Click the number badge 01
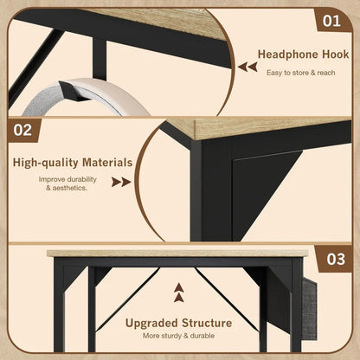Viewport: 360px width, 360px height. pyautogui.click(x=331, y=21)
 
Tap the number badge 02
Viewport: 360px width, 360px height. pyautogui.click(x=22, y=130)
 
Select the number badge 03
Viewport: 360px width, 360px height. pyautogui.click(x=336, y=259)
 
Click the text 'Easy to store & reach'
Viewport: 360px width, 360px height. pyautogui.click(x=301, y=73)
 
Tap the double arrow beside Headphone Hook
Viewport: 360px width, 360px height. pyautogui.click(x=247, y=67)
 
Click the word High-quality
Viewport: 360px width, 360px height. pyautogui.click(x=45, y=163)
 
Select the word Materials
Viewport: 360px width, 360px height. pyautogui.click(x=107, y=163)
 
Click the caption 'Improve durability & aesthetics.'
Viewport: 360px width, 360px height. pyautogui.click(x=67, y=183)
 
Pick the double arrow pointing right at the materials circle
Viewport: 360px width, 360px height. pyautogui.click(x=121, y=182)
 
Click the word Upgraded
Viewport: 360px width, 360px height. pyautogui.click(x=151, y=323)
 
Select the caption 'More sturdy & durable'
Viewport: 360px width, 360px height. pyautogui.click(x=178, y=336)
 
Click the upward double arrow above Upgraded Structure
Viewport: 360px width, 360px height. pyautogui.click(x=179, y=292)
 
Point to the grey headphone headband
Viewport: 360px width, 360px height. pyautogui.click(x=87, y=97)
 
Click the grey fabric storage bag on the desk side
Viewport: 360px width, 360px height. pyautogui.click(x=310, y=309)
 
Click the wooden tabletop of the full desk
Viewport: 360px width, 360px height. pyautogui.click(x=177, y=254)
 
